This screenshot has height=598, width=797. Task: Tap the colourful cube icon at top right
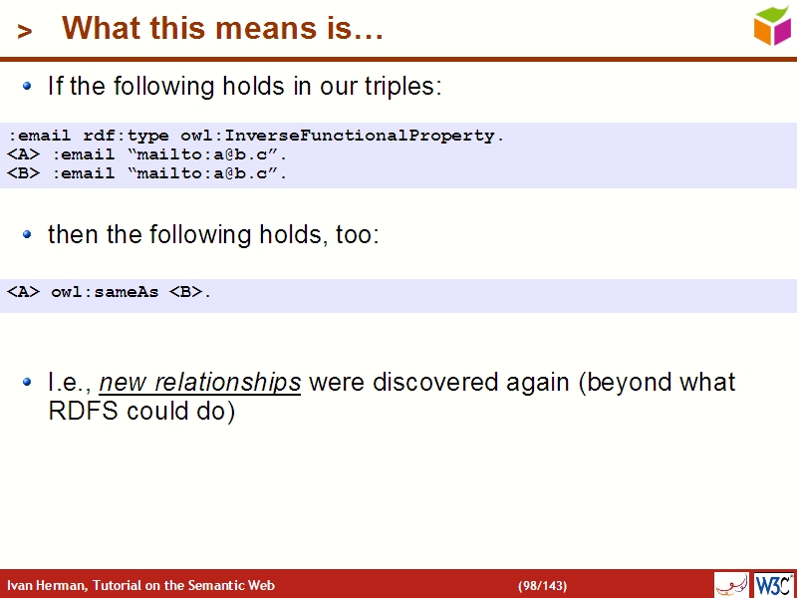click(772, 26)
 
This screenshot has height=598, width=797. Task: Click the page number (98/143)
click(542, 585)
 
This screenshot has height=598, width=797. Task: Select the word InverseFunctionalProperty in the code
click(400, 136)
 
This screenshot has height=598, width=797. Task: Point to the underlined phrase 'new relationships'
click(200, 383)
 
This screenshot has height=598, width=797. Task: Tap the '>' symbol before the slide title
click(25, 32)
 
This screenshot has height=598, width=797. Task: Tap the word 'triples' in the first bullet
click(401, 87)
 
